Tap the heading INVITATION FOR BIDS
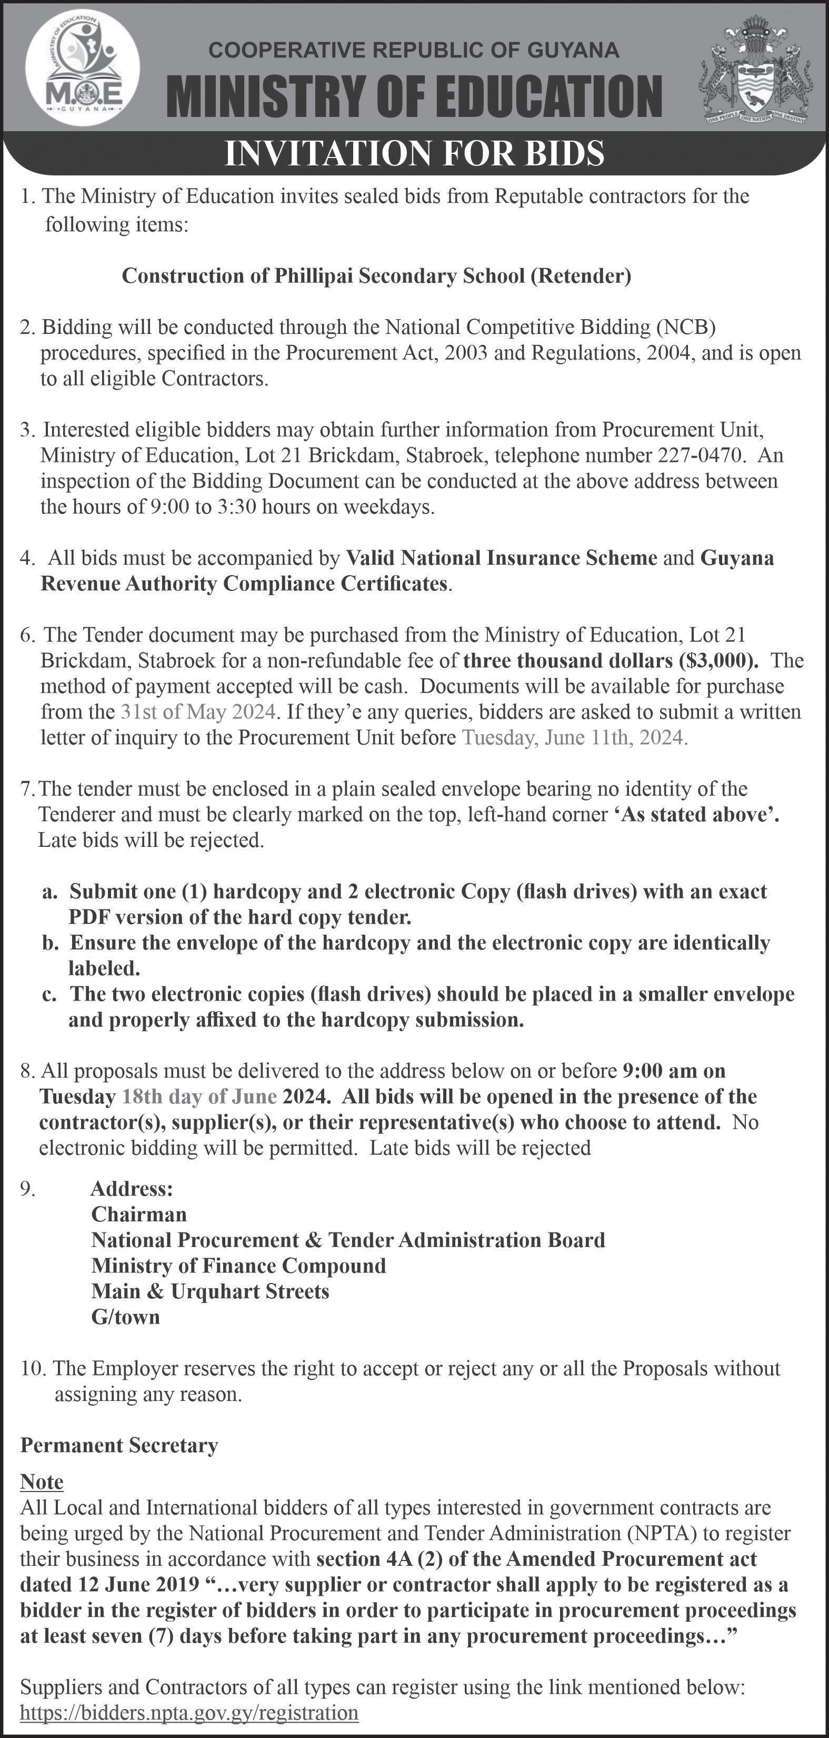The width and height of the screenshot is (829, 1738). pos(414,153)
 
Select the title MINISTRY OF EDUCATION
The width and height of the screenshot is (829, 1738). pos(414,96)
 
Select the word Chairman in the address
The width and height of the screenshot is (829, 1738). pos(139,1214)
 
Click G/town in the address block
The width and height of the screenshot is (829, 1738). pos(125,1317)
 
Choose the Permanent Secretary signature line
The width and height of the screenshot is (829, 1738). pos(119,1445)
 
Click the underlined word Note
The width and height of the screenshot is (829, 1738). pos(42,1482)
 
